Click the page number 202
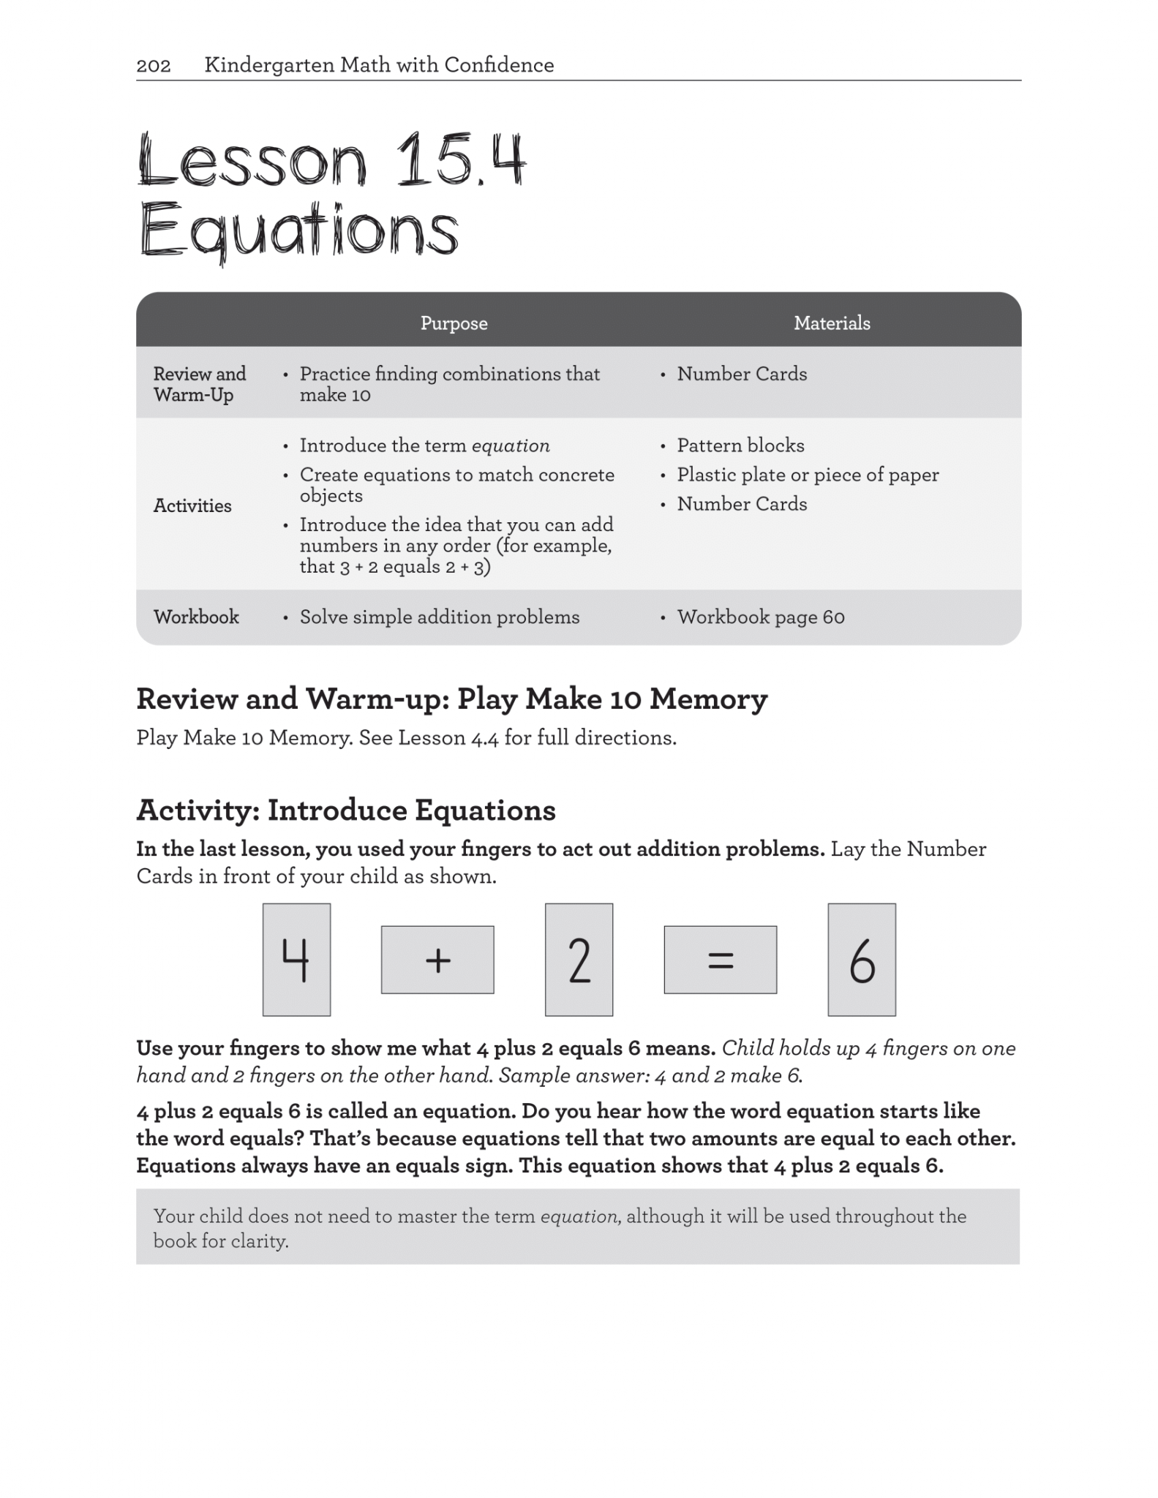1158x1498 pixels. (154, 66)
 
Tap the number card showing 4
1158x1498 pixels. (296, 960)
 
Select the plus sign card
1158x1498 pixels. (437, 960)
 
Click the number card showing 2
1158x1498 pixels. (579, 960)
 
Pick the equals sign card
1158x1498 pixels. (720, 960)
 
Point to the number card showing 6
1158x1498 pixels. (861, 960)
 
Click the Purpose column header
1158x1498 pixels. (454, 323)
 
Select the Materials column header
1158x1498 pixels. (832, 323)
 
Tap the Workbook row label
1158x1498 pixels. (196, 617)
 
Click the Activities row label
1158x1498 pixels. (192, 505)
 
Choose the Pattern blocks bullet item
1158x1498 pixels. (740, 445)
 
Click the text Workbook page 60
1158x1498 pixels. (761, 617)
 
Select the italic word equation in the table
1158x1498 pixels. (511, 445)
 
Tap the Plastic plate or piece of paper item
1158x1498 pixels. (808, 475)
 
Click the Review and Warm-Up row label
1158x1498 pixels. (199, 384)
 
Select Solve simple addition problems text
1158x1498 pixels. (440, 617)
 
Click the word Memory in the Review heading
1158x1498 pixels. (708, 699)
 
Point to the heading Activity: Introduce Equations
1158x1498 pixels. (346, 810)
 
